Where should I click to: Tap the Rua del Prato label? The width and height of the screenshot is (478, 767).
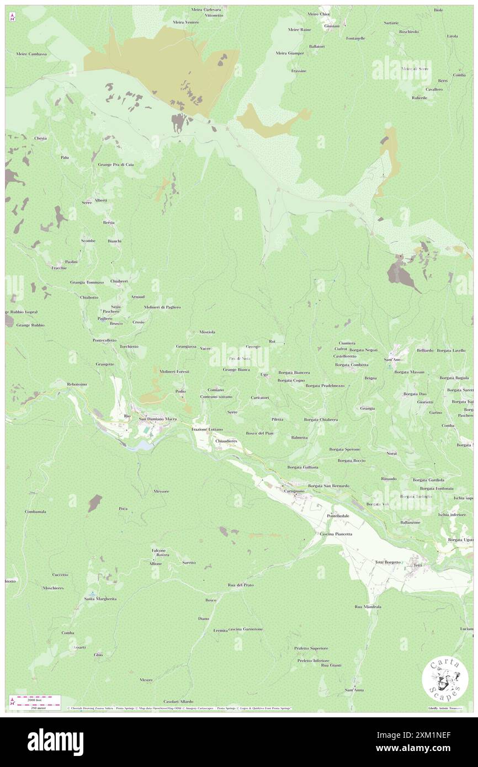click(x=240, y=585)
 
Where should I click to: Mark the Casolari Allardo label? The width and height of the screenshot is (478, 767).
click(x=171, y=701)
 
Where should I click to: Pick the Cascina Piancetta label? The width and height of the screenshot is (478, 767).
click(x=336, y=534)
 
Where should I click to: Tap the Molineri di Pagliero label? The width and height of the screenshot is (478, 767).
click(x=162, y=307)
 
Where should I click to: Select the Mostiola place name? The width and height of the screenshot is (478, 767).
click(x=207, y=332)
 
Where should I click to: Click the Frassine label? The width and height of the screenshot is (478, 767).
click(x=299, y=71)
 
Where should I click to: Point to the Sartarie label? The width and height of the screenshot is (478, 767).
click(x=391, y=23)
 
